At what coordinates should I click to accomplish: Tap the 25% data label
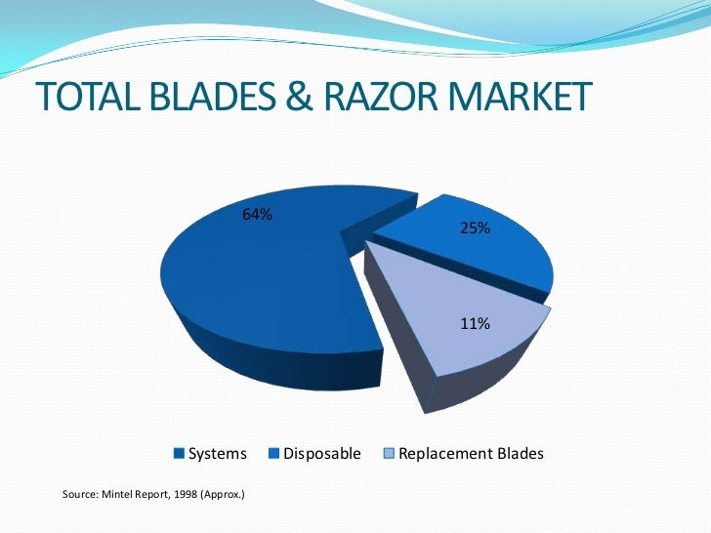coord(476,227)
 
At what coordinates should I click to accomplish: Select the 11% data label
coord(476,323)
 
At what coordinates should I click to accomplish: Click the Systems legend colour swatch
coord(179,454)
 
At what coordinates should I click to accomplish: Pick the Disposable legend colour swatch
coord(274,454)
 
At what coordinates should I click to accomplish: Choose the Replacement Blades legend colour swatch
coord(390,454)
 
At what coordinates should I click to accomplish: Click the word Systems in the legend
coord(217,454)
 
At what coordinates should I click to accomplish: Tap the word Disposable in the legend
coord(321,454)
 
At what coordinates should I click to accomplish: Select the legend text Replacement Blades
coord(471,454)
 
